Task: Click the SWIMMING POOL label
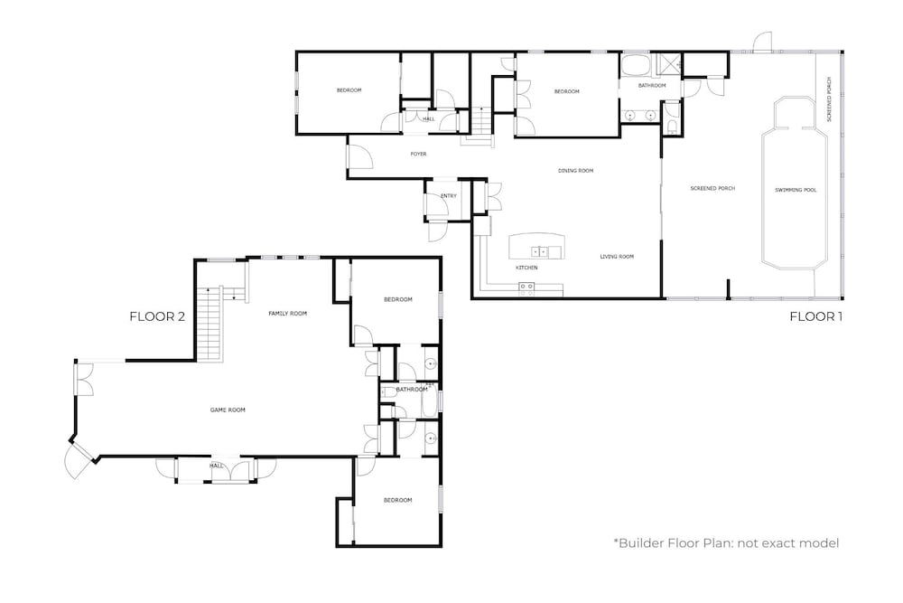[796, 190]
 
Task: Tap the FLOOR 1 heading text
[816, 316]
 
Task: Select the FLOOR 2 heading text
[157, 316]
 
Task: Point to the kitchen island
[537, 246]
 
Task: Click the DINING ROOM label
[575, 171]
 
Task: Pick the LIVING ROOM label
[617, 257]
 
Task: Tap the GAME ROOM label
[228, 410]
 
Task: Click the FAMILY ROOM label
[287, 314]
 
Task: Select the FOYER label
[418, 154]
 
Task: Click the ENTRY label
[449, 196]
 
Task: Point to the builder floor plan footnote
[726, 543]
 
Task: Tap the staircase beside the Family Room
[209, 324]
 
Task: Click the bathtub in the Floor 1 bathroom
[636, 65]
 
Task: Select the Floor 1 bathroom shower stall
[668, 64]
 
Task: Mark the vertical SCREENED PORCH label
[829, 99]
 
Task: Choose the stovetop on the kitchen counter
[526, 287]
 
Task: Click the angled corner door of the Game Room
[79, 459]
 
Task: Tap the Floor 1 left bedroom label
[349, 90]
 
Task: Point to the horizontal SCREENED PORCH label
[712, 189]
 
